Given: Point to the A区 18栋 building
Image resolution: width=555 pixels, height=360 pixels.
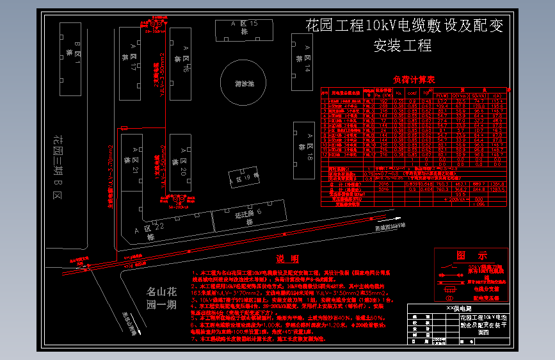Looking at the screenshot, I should coord(303,150).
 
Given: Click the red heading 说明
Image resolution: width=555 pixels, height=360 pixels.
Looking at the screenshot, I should coord(287,259).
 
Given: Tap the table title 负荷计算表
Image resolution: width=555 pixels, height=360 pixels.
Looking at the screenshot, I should coord(414,79).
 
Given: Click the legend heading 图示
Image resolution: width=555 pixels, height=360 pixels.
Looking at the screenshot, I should coord(471,255).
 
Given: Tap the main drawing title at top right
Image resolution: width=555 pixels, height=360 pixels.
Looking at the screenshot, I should coord(404,35).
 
